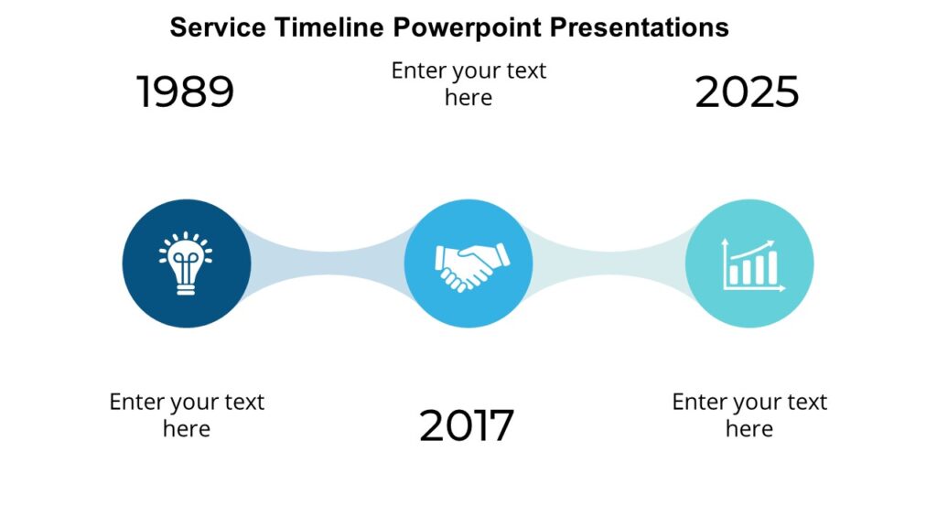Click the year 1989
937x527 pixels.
coord(186,92)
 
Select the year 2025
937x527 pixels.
coord(747,92)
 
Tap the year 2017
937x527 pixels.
coord(467,425)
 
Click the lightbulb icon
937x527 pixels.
coord(187,263)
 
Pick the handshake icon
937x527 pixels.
coord(468,264)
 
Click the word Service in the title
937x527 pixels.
coord(216,27)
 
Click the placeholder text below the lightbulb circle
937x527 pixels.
coord(187,414)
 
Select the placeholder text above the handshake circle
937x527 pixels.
coord(468,83)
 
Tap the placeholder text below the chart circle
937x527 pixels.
coord(749,414)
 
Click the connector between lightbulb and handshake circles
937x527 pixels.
coord(327,263)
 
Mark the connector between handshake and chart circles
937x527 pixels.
coord(609,263)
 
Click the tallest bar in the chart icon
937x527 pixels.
coord(772,268)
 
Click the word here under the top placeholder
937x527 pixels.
coord(468,97)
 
